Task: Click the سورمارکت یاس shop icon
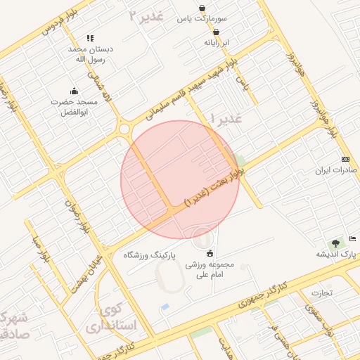click(202, 9)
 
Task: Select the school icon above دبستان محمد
click(89, 38)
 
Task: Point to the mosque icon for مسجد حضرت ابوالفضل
click(74, 90)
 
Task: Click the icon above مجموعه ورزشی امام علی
click(210, 253)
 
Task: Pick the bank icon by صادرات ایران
click(345, 160)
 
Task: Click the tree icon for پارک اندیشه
click(335, 243)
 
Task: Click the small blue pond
click(165, 307)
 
